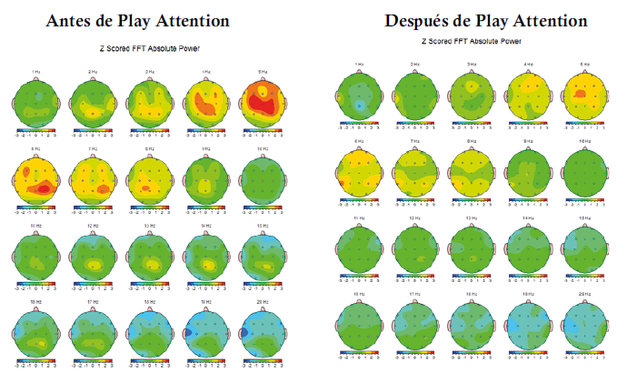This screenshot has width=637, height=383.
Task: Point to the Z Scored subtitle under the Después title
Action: [x=471, y=41]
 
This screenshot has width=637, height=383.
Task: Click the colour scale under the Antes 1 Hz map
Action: [x=37, y=131]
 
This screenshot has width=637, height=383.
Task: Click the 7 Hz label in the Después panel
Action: [x=414, y=142]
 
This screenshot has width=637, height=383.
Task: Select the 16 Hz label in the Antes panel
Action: [x=37, y=299]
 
